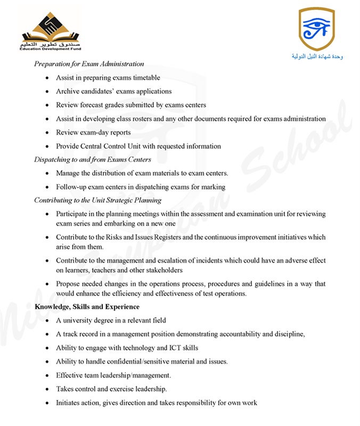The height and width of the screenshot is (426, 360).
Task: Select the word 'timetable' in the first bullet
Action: point(145,78)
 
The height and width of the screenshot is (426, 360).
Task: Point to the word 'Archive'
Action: point(68,91)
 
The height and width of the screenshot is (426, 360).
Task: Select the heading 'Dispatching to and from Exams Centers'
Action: point(93,160)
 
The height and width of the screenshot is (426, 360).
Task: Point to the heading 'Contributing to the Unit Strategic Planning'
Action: point(98,200)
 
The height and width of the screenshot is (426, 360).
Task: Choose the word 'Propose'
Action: point(68,284)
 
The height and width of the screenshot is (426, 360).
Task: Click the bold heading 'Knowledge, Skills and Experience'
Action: point(87,307)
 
